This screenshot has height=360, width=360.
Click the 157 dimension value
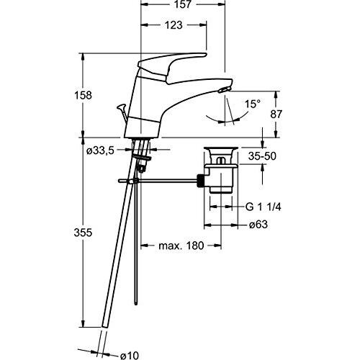tap(183, 6)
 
